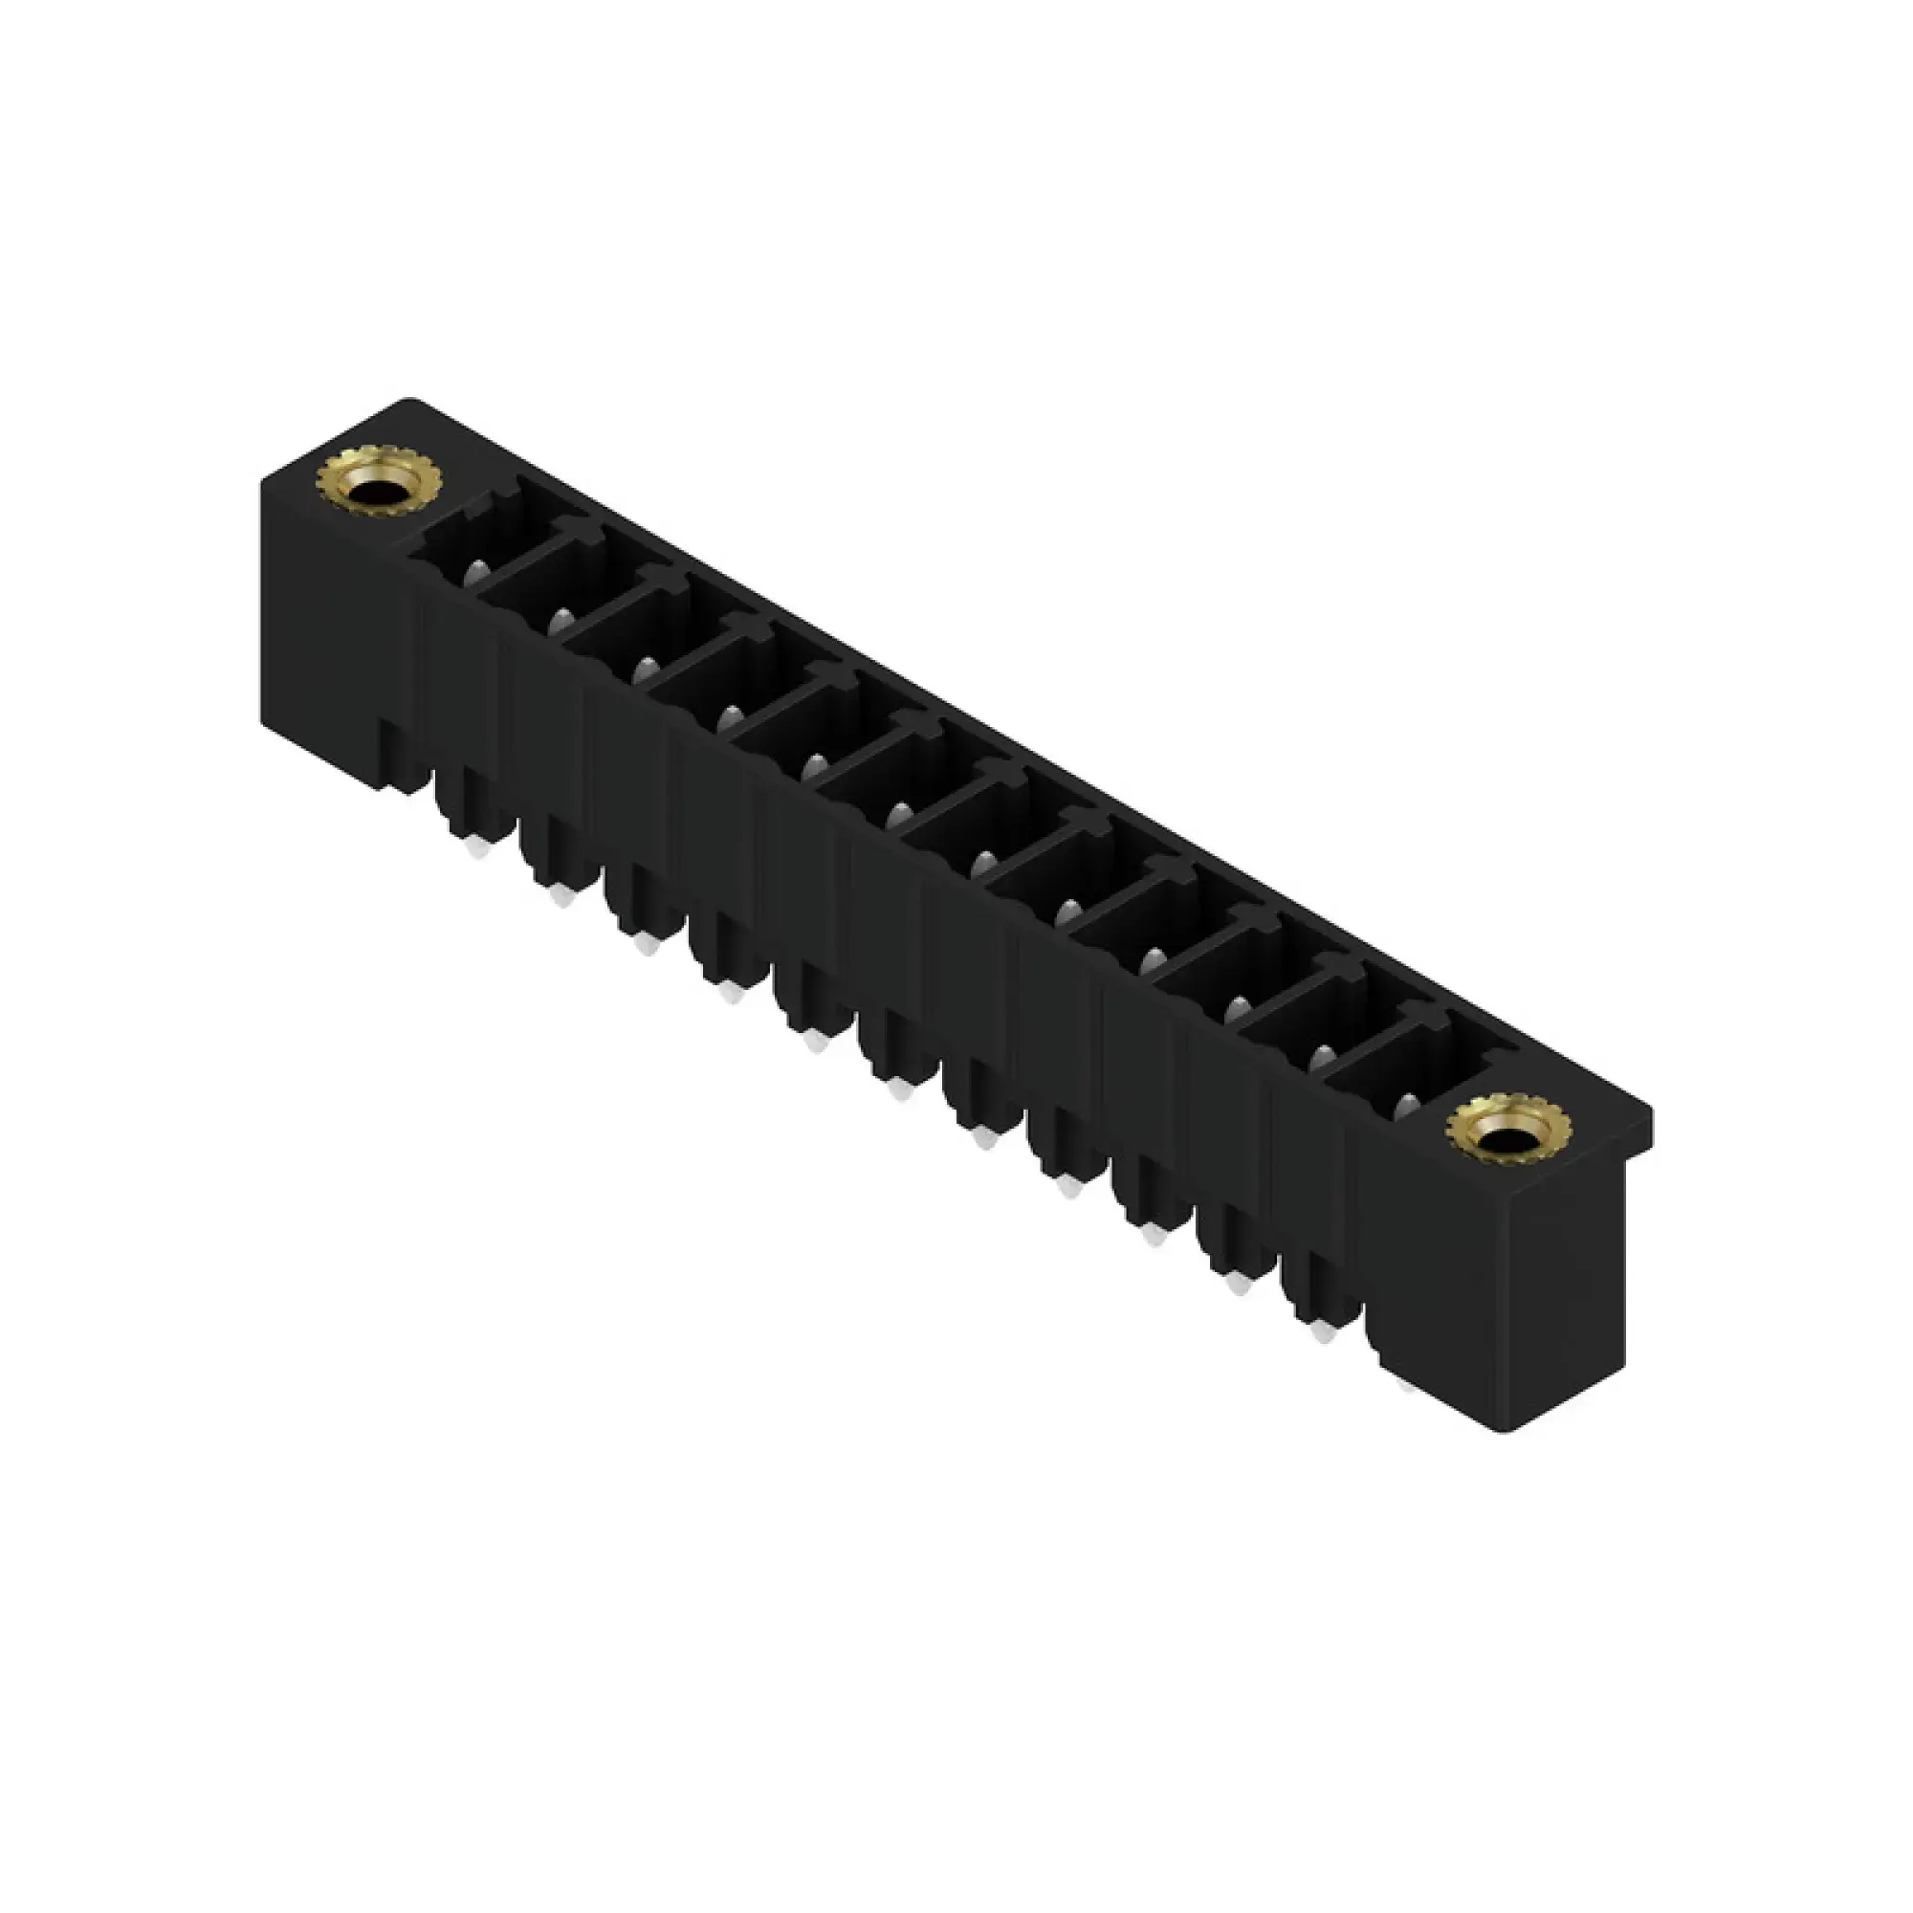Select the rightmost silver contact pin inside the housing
(x=1404, y=1107)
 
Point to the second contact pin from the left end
(x=561, y=621)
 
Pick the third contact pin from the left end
(x=646, y=670)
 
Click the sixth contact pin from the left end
(x=898, y=814)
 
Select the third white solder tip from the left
(x=647, y=945)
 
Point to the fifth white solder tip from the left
(x=815, y=1041)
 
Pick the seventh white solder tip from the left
(x=983, y=1138)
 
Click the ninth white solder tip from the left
(x=1153, y=1235)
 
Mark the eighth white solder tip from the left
(x=1068, y=1187)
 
